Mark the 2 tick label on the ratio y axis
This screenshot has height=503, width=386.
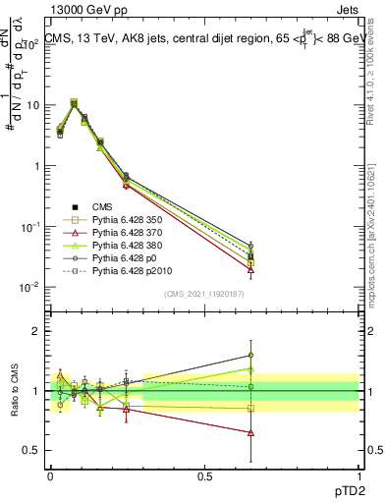coord(38,331)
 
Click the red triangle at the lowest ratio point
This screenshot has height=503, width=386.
coord(251,432)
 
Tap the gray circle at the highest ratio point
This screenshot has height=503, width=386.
coord(251,356)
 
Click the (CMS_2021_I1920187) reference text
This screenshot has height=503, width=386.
coord(203,295)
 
